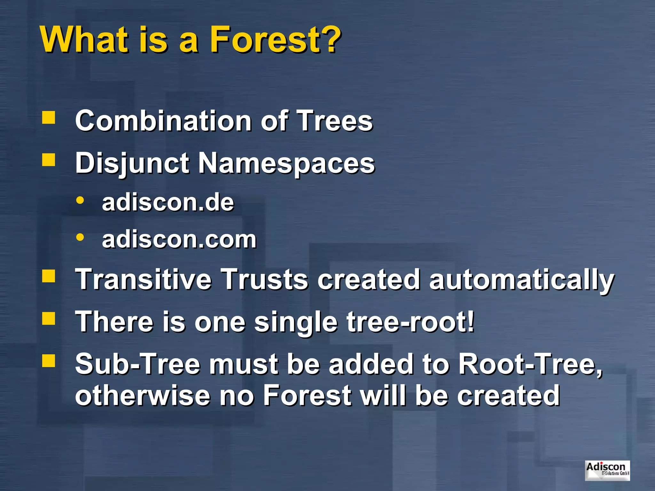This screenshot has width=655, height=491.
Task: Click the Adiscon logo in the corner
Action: pos(607,470)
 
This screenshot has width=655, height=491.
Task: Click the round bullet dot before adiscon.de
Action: pos(80,201)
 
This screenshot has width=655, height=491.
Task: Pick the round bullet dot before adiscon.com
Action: pos(80,238)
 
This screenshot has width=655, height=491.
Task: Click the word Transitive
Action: pos(143,279)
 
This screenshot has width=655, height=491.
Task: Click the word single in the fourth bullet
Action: pos(296,322)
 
